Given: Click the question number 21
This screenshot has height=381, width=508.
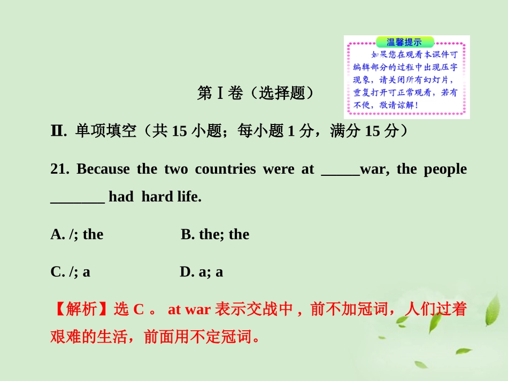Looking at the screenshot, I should pos(60,169).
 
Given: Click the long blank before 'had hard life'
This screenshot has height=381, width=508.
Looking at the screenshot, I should pos(78,199).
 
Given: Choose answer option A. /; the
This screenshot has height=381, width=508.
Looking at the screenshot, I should pos(77,235).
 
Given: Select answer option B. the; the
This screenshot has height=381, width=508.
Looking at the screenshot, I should pos(215,235).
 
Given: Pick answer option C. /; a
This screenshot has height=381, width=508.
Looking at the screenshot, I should pos(70,272).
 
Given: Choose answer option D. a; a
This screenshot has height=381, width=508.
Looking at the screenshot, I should pos(201,272).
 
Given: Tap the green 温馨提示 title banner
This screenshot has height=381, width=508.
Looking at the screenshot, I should pos(405,42).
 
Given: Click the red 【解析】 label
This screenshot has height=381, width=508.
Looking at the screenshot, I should pos(75,309).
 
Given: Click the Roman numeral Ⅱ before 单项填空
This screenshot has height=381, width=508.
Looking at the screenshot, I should pos(58,131).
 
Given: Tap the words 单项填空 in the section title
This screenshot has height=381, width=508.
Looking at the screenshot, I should pos(106,131).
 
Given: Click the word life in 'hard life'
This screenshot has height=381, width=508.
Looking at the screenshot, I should pos(189,197).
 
